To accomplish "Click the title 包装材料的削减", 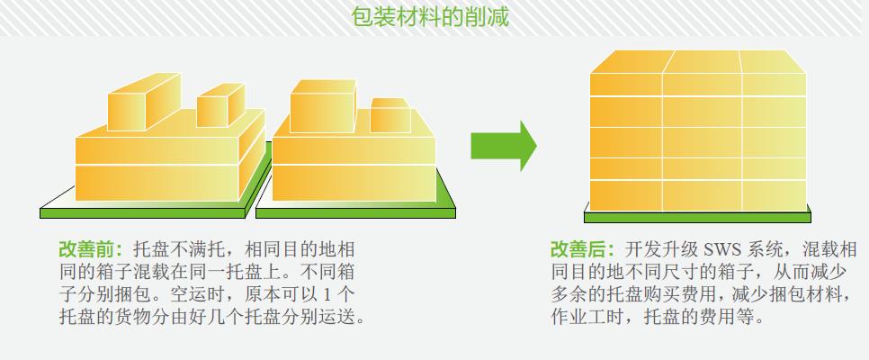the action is click(x=429, y=17).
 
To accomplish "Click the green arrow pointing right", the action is click(x=503, y=147).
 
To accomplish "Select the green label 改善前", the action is click(x=90, y=249).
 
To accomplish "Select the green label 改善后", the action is click(x=582, y=249).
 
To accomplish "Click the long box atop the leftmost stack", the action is click(x=144, y=103).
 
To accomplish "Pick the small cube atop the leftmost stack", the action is click(x=220, y=105).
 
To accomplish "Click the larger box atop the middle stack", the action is click(x=323, y=106).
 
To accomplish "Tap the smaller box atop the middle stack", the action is click(x=390, y=115).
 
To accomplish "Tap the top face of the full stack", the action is click(x=698, y=61).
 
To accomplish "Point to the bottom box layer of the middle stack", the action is click(x=354, y=183).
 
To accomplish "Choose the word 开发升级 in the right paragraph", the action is click(x=662, y=249).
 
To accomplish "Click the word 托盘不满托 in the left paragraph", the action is click(x=180, y=249).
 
